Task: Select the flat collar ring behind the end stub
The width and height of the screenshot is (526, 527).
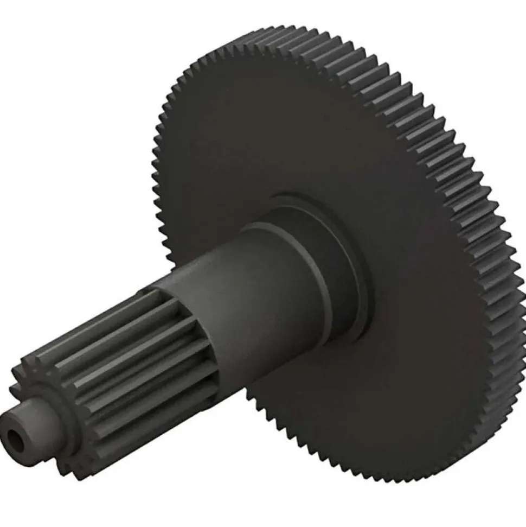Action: click(x=57, y=412)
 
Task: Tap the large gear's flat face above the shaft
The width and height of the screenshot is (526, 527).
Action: click(x=271, y=125)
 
